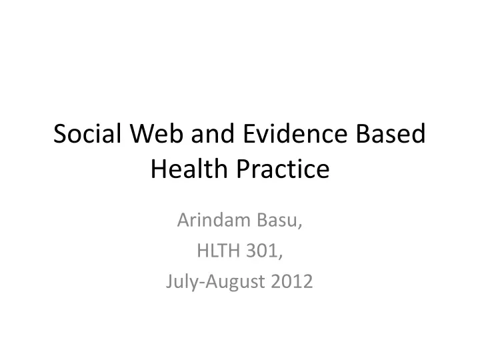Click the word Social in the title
pyautogui.click(x=87, y=133)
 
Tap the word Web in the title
pyautogui.click(x=157, y=133)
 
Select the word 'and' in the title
pyautogui.click(x=213, y=133)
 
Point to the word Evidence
pyautogui.click(x=295, y=133)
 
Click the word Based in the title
pyautogui.click(x=391, y=133)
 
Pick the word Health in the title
pyautogui.click(x=189, y=169)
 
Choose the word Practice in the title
pyautogui.click(x=283, y=169)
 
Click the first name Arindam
pyautogui.click(x=214, y=220)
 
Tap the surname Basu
pyautogui.click(x=277, y=220)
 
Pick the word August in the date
pyautogui.click(x=235, y=282)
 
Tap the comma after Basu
pyautogui.click(x=300, y=225)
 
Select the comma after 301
pyautogui.click(x=280, y=256)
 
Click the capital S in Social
pyautogui.click(x=60, y=133)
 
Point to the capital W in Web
pyautogui.click(x=142, y=133)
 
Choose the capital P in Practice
pyautogui.click(x=243, y=169)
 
